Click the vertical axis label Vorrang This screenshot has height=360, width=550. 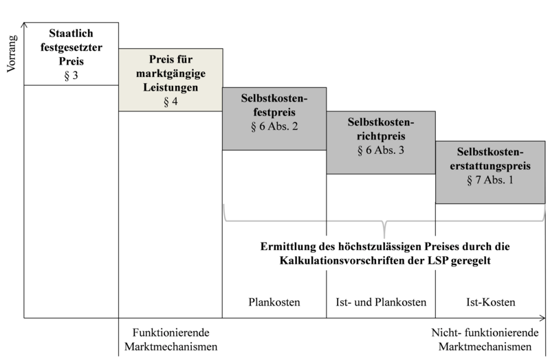[x=12, y=54]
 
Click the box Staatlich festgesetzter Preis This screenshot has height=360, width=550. [x=71, y=54]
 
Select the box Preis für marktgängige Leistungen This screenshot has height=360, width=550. [x=170, y=80]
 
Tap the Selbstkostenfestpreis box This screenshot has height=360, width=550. [x=274, y=119]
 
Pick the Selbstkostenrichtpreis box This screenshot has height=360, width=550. [x=381, y=143]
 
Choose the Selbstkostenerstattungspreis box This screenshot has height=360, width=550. [x=490, y=172]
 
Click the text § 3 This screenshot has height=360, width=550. [x=71, y=76]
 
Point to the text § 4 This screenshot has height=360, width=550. [x=170, y=102]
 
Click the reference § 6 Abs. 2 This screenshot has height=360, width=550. [x=274, y=126]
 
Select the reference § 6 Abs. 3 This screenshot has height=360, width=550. [x=381, y=150]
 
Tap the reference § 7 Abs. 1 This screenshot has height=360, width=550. [x=490, y=180]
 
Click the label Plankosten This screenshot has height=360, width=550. [x=274, y=302]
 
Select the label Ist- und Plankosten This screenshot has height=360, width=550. [x=381, y=302]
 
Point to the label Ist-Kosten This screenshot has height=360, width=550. [x=491, y=302]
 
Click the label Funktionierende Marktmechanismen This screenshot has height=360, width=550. [x=170, y=339]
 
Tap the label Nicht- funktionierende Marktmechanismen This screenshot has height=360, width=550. [x=485, y=339]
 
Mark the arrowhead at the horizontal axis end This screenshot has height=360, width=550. [x=543, y=318]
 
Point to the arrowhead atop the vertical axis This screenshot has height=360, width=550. [x=24, y=25]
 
